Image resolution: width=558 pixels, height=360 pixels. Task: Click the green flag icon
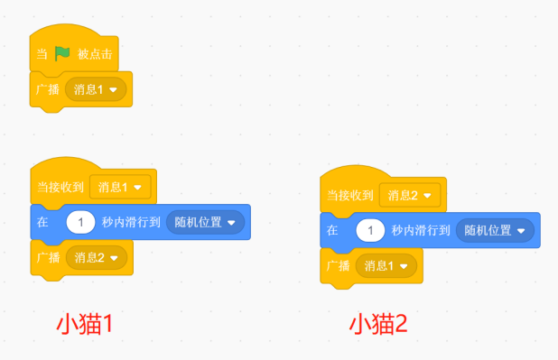click(x=62, y=53)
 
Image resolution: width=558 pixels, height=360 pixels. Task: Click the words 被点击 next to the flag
click(x=95, y=54)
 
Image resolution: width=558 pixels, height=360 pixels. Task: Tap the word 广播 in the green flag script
click(x=48, y=90)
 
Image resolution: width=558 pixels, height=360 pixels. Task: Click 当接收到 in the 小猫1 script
click(x=60, y=188)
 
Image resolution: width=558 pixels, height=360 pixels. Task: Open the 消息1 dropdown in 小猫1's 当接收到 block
click(x=120, y=188)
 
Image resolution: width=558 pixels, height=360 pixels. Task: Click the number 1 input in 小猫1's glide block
click(x=81, y=222)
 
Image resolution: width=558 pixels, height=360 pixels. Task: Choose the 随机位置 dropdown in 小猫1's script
click(x=205, y=222)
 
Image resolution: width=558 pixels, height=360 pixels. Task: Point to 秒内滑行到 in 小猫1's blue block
click(x=131, y=222)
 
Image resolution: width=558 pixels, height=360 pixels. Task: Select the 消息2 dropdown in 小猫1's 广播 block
click(x=97, y=257)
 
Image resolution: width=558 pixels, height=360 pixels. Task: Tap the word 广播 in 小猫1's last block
click(x=48, y=257)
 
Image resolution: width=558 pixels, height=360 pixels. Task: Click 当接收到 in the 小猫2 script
click(x=350, y=195)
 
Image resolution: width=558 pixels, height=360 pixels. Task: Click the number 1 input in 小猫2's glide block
click(x=371, y=230)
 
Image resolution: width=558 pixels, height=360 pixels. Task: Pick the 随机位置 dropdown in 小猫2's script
click(x=495, y=230)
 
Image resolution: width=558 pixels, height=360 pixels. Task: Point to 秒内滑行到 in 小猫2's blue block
click(x=421, y=230)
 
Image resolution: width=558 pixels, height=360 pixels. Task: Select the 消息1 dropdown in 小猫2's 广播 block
click(x=386, y=265)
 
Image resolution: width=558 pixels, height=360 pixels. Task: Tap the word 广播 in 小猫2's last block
click(x=338, y=265)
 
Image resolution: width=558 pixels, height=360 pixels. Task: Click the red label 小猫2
click(x=377, y=323)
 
